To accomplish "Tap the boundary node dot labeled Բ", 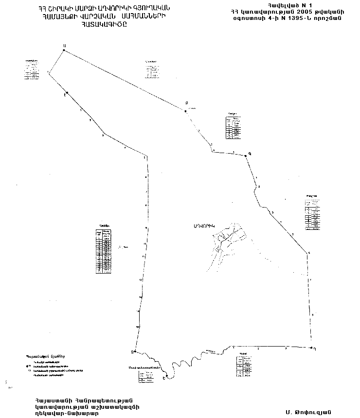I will click(185, 111).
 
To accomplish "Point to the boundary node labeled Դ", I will click(311, 348).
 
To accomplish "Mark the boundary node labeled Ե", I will click(166, 376).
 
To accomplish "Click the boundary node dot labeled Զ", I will click(133, 351).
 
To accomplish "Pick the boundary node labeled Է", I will click(67, 93).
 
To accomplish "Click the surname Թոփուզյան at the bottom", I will click(308, 412).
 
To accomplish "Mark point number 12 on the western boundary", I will click(141, 280).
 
